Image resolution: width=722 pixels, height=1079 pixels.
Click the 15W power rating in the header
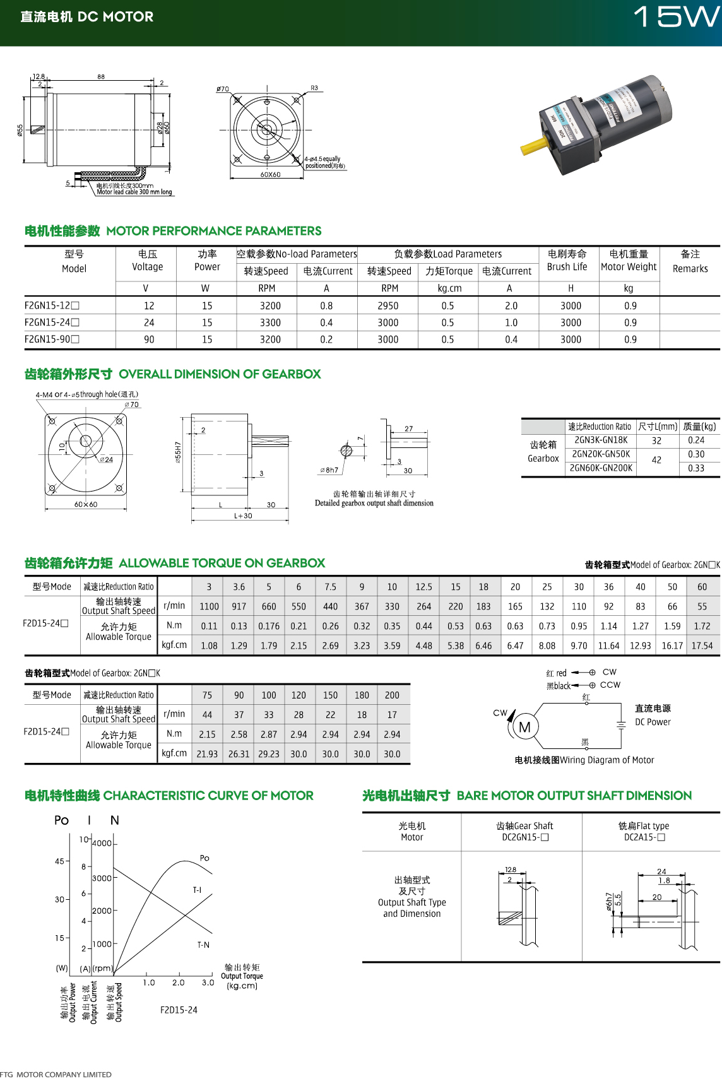click(x=676, y=17)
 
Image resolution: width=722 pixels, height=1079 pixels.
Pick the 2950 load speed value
click(x=388, y=306)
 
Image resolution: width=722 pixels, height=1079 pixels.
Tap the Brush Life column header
click(x=567, y=260)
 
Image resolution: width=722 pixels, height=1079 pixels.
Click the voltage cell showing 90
click(x=149, y=339)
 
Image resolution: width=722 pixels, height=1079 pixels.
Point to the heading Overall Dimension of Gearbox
click(x=220, y=374)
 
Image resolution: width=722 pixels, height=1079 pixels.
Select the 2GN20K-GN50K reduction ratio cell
click(x=601, y=454)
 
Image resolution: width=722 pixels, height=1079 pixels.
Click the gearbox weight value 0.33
click(x=696, y=468)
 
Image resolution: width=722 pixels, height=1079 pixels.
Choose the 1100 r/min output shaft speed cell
click(x=209, y=606)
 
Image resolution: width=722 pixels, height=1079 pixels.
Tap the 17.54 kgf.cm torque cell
click(x=702, y=646)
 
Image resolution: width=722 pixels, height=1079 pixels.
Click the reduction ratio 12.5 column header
click(x=423, y=587)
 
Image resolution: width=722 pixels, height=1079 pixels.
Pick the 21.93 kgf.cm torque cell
click(x=207, y=754)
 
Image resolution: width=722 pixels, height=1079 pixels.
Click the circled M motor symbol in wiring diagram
click(x=524, y=728)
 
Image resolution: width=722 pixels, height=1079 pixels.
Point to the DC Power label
click(x=653, y=722)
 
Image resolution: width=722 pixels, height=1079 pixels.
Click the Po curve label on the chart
click(x=204, y=858)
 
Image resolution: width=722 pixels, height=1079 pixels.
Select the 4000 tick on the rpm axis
click(x=102, y=843)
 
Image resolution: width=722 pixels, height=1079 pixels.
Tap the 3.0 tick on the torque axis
click(x=208, y=982)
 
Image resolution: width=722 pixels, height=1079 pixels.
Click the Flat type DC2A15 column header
click(x=644, y=831)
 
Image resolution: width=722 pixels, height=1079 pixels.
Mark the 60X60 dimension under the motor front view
click(x=270, y=175)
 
